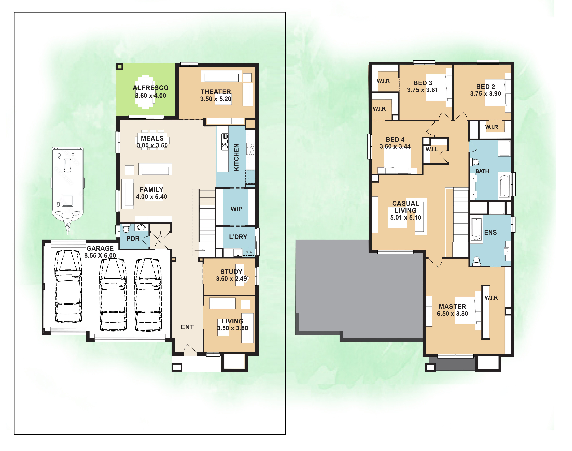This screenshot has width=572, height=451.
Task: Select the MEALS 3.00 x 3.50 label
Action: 152,142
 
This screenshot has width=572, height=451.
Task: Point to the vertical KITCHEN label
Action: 236,157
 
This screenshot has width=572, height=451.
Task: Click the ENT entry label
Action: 187,327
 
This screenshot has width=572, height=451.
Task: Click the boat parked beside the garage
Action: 68,190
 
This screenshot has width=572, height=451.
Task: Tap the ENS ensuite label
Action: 490,232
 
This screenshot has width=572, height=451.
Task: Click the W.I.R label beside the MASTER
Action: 491,298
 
